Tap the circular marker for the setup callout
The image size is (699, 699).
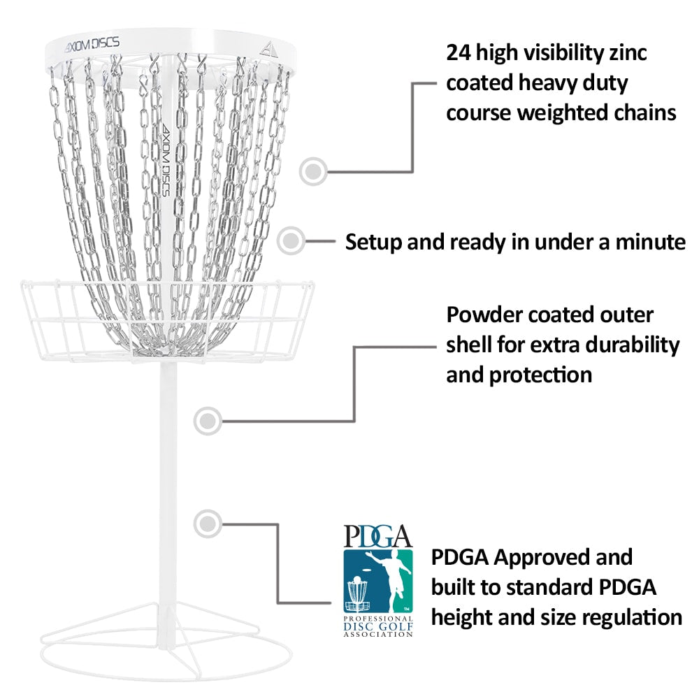[x=291, y=240]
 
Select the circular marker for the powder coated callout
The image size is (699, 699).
[x=207, y=420]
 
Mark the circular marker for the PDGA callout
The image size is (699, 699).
[x=207, y=522]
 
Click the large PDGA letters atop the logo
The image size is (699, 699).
[x=377, y=536]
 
